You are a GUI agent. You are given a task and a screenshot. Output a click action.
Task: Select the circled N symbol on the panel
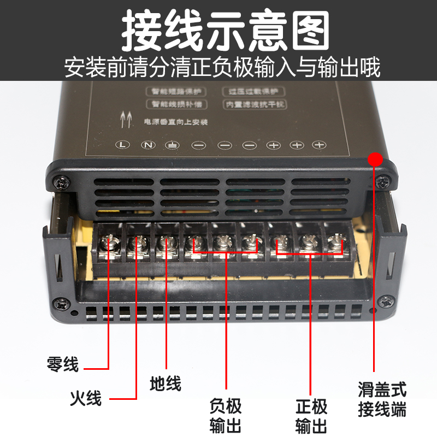147,145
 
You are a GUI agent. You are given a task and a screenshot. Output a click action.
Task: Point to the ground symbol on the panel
172,145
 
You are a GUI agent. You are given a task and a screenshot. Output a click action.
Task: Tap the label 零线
63,364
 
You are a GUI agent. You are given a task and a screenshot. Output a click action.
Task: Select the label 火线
86,398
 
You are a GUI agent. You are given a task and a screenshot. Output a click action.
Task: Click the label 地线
165,383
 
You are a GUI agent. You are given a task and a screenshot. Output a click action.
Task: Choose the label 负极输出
226,415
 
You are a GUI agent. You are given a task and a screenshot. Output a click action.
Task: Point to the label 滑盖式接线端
382,400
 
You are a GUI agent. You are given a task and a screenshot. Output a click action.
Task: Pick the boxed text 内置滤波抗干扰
255,103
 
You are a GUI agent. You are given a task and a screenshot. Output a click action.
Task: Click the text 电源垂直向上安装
175,122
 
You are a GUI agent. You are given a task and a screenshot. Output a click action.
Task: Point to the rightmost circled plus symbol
318,145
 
